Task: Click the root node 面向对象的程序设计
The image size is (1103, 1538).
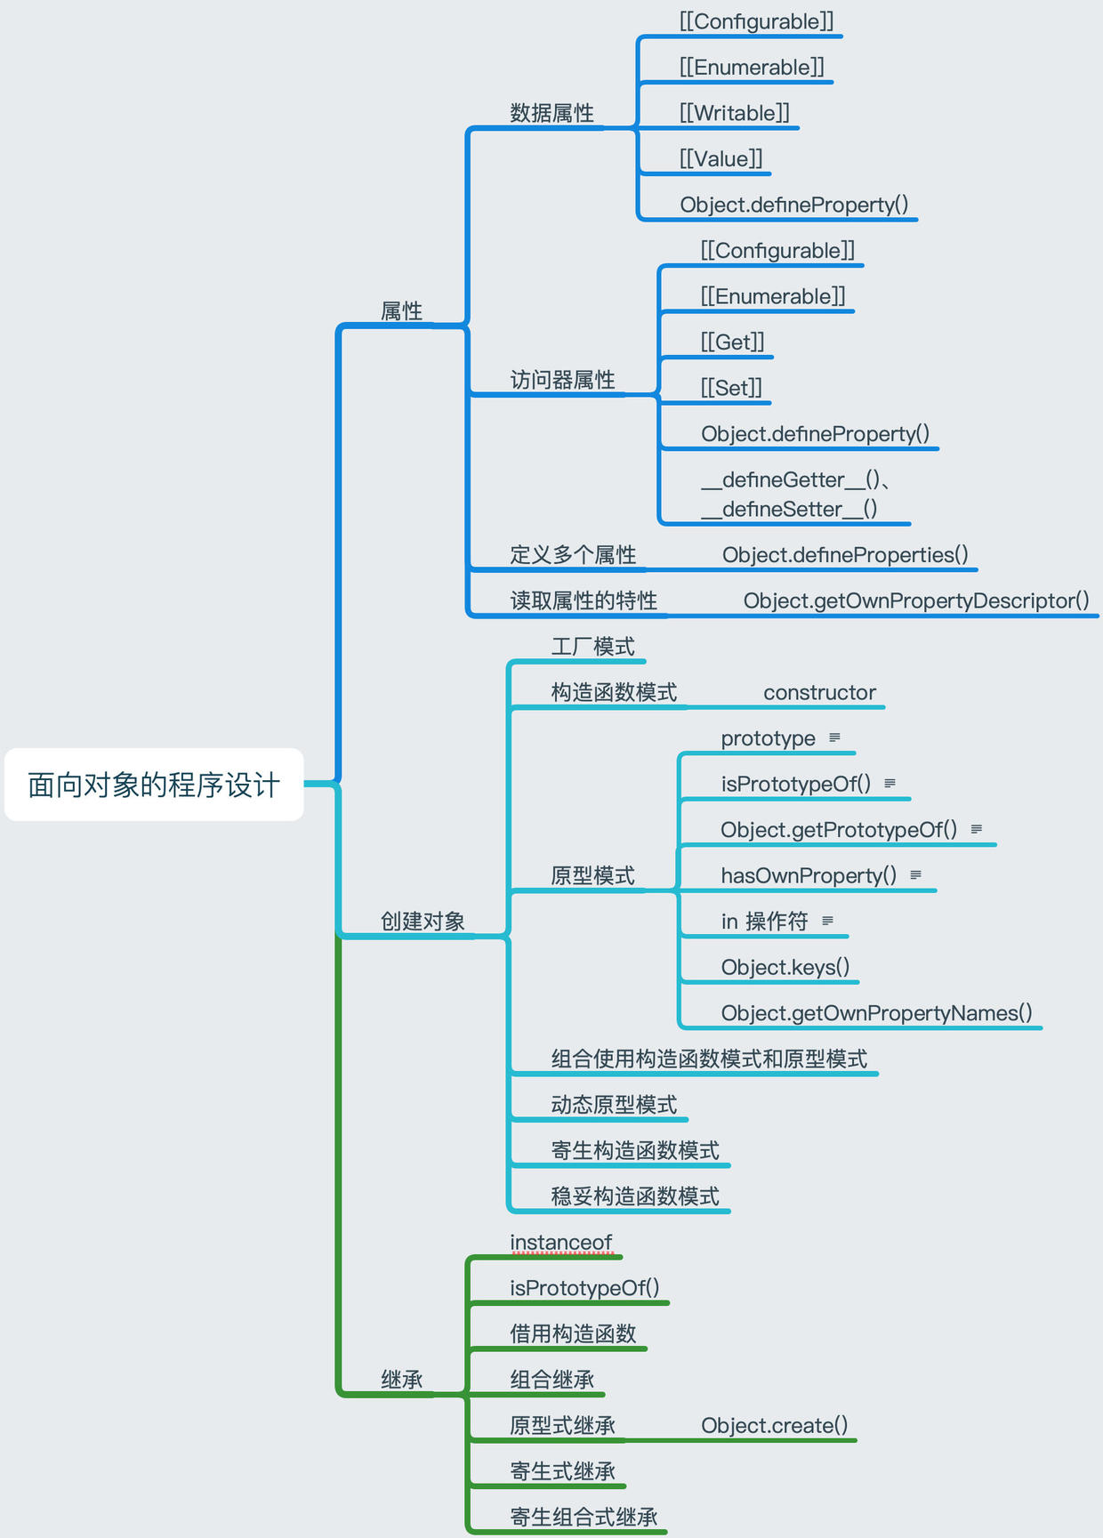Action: click(154, 785)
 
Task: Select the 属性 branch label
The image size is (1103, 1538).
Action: click(401, 311)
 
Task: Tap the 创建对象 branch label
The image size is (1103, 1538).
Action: click(423, 922)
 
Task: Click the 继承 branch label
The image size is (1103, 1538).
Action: click(401, 1380)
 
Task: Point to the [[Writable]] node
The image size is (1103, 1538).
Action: click(734, 113)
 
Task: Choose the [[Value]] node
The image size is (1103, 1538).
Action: click(721, 159)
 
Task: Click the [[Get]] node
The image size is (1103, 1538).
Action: click(732, 342)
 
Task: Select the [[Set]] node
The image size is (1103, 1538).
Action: click(731, 388)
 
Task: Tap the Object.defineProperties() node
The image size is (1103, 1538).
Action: click(845, 555)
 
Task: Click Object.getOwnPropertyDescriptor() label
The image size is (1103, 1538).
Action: click(916, 601)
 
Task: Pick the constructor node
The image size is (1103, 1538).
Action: click(819, 693)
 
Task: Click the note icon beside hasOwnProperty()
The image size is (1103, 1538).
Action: click(915, 875)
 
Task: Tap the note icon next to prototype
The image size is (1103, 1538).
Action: click(834, 737)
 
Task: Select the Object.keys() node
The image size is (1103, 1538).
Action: click(785, 967)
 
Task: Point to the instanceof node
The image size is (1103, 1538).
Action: click(560, 1242)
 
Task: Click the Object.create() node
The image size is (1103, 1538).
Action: click(774, 1426)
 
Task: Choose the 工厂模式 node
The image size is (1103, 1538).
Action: click(592, 647)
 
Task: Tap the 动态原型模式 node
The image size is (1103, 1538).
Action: click(614, 1105)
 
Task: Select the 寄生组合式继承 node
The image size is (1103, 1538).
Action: click(584, 1518)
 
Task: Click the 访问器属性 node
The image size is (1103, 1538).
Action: click(562, 381)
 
